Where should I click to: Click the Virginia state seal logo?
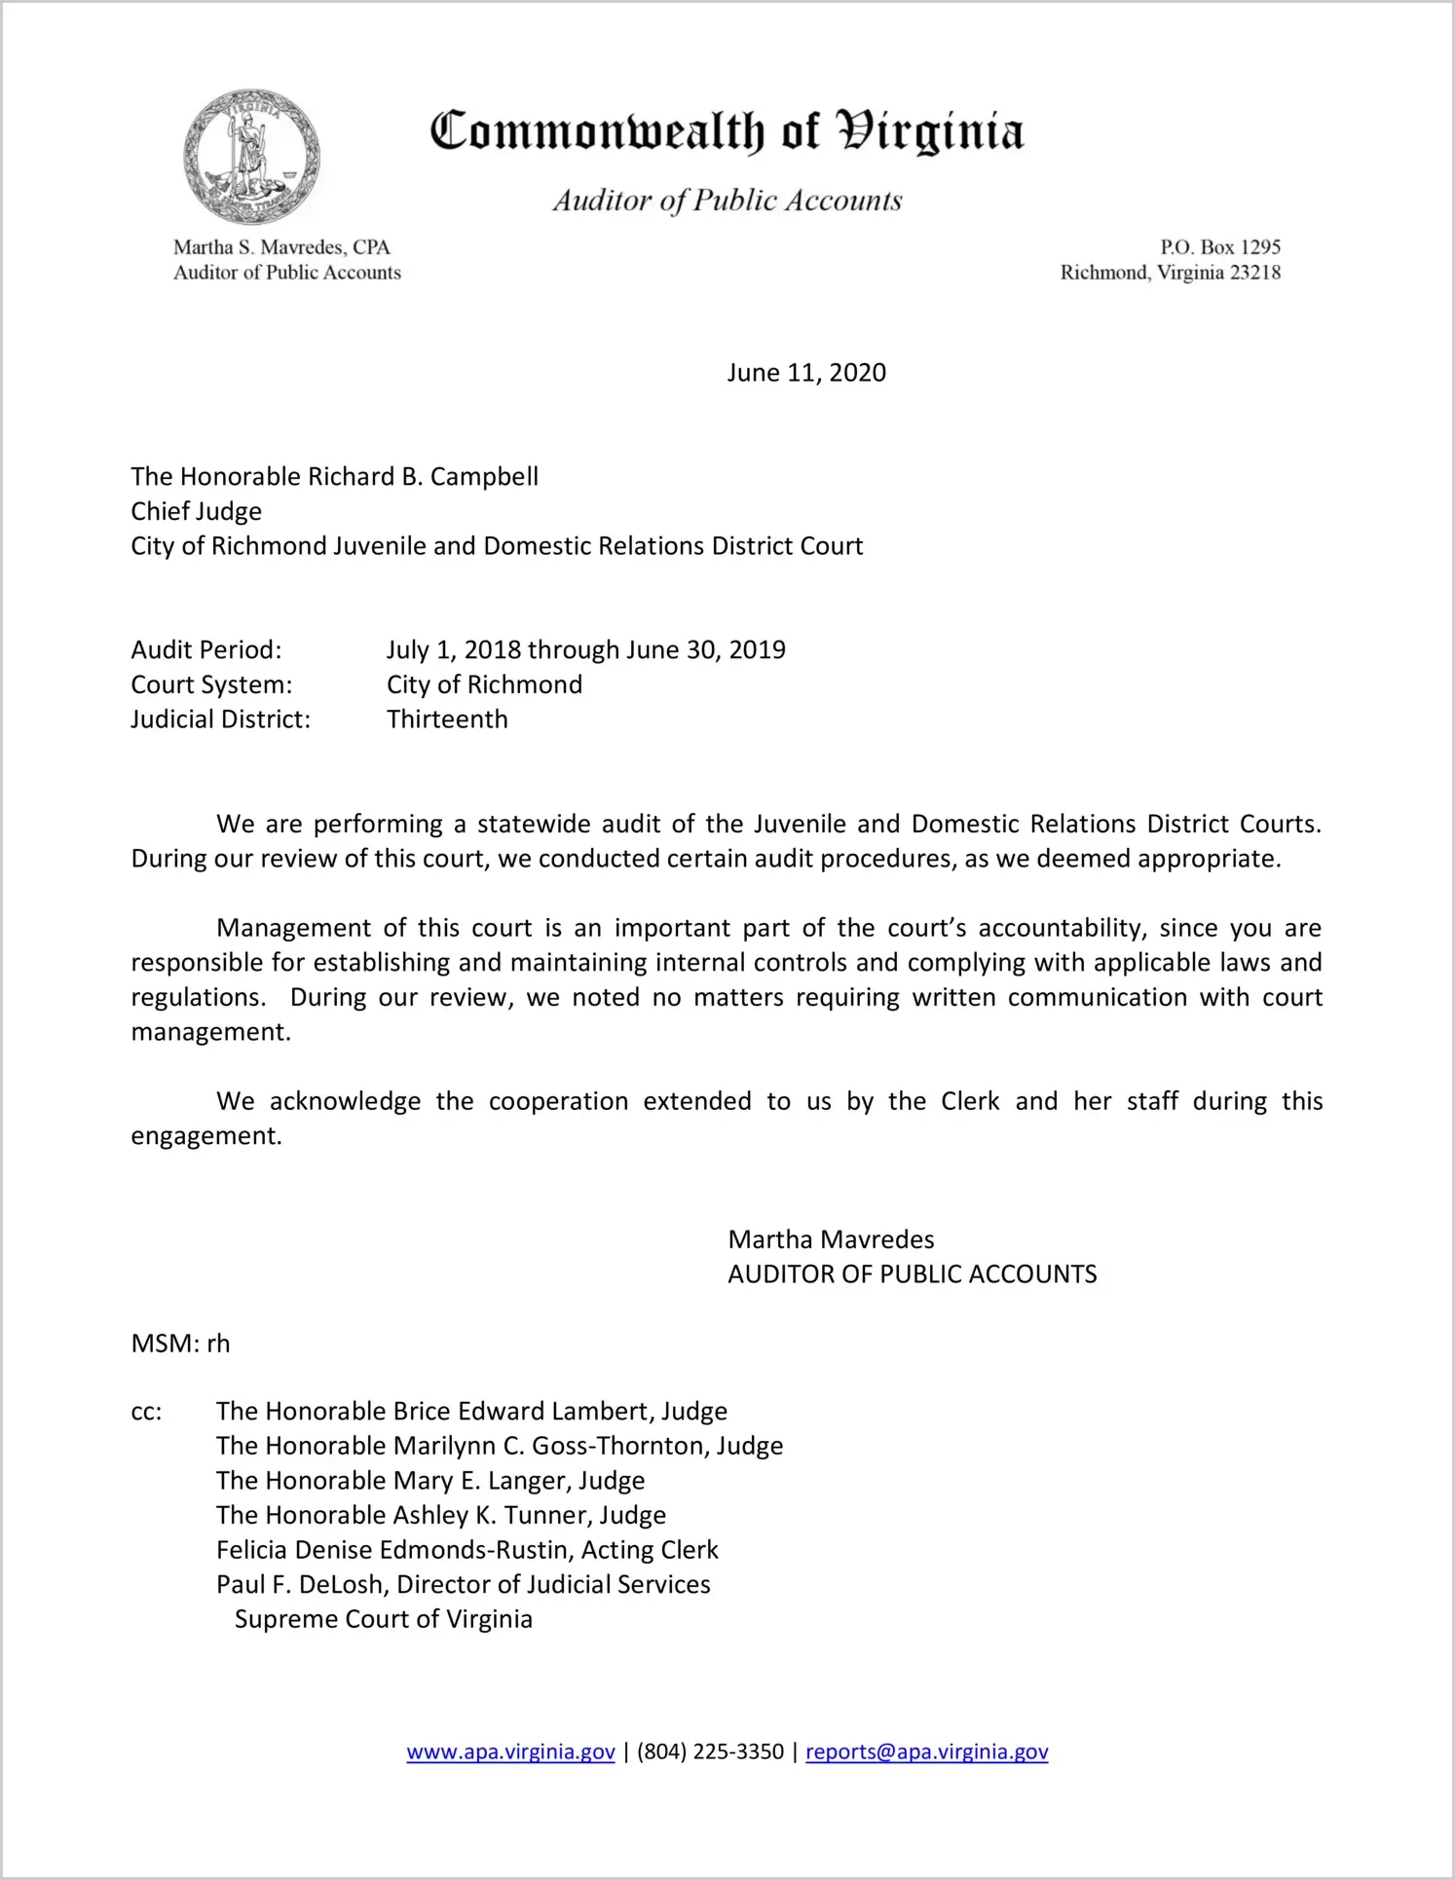[251, 157]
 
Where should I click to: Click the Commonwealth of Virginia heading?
[727, 131]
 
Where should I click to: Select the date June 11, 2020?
[806, 373]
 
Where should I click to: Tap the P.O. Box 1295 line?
[1219, 247]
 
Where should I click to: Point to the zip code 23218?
[1255, 273]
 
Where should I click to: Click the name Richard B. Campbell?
[409, 476]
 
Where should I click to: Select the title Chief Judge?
[197, 511]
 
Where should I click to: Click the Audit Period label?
[206, 649]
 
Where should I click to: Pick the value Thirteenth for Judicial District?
[447, 719]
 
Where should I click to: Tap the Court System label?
[211, 684]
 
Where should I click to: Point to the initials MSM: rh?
[180, 1344]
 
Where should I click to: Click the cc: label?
[146, 1412]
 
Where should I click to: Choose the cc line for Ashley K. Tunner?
[441, 1515]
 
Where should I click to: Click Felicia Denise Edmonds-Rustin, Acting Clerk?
[467, 1550]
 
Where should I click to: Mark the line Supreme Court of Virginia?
[384, 1619]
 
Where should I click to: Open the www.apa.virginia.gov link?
[510, 1751]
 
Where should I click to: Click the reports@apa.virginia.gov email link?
[926, 1751]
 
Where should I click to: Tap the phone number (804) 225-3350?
[710, 1751]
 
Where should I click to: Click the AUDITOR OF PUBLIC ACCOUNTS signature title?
[912, 1274]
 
